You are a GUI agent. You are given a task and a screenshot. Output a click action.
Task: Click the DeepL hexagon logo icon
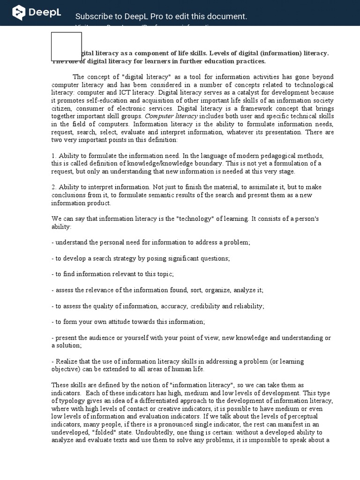point(19,13)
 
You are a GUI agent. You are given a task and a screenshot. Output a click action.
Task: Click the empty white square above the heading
point(67,46)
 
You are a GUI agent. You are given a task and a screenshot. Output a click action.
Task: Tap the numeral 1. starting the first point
point(54,156)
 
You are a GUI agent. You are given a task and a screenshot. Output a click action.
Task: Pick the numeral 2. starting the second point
point(54,187)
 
